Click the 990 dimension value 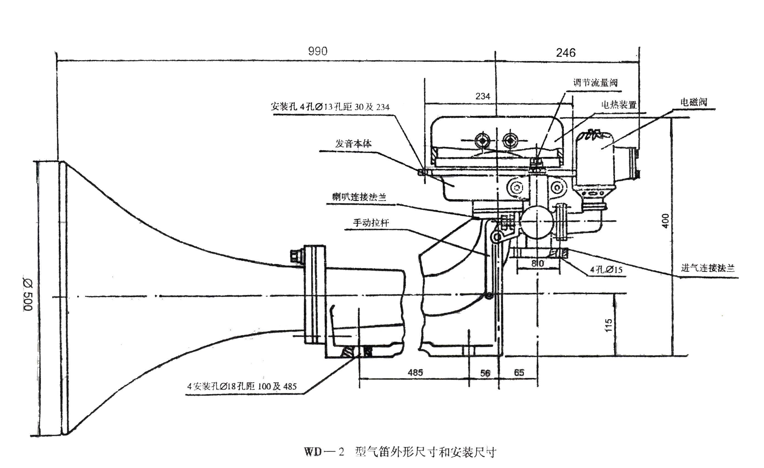point(318,51)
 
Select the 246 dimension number point(566,53)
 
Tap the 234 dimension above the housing point(483,96)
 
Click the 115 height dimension point(608,325)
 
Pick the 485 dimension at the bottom point(415,372)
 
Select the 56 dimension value point(485,373)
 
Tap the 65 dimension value point(519,372)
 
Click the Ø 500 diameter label point(28,294)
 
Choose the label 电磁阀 point(694,102)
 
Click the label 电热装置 point(619,105)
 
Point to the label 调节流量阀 point(595,83)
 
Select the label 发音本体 point(353,143)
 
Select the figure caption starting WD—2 point(400,452)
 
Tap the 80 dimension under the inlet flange point(537,263)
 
